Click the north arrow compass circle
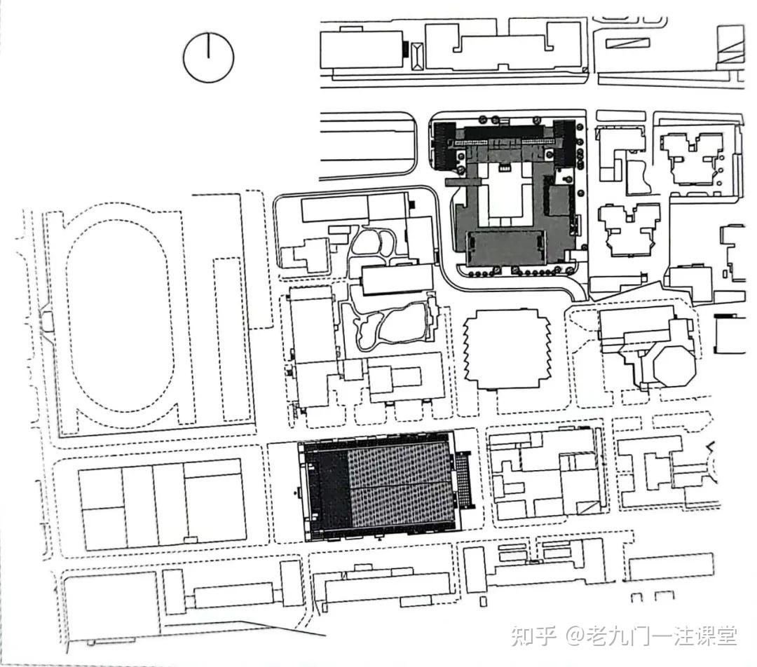coord(208,57)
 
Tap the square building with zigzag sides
coord(507,349)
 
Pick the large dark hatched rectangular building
coord(378,486)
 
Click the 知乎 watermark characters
coord(533,635)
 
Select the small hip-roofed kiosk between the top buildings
coord(416,55)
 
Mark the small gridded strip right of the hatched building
coord(464,481)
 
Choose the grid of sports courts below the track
coord(162,504)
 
